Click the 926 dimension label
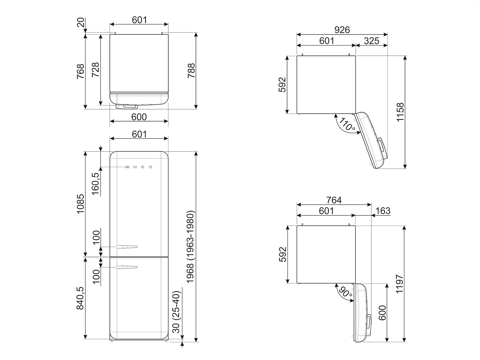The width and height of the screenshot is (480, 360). tap(342, 30)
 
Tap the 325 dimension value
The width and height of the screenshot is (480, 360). tap(371, 41)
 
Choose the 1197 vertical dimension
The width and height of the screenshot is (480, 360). tap(400, 284)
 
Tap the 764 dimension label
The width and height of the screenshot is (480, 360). tap(334, 200)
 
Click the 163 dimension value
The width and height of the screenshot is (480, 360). tap(383, 211)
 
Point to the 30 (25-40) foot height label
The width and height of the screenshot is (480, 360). tap(176, 312)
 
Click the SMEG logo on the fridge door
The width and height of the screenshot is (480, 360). tap(139, 167)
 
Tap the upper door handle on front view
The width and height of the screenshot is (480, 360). tap(127, 247)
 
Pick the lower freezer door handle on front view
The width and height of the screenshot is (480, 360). tap(127, 267)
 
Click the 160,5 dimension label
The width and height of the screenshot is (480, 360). tap(95, 184)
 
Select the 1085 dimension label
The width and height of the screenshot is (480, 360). tap(80, 204)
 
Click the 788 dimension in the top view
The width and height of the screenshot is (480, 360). tap(191, 71)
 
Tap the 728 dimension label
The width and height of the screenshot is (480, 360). tap(95, 70)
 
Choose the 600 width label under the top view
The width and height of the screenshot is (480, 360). tap(139, 117)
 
